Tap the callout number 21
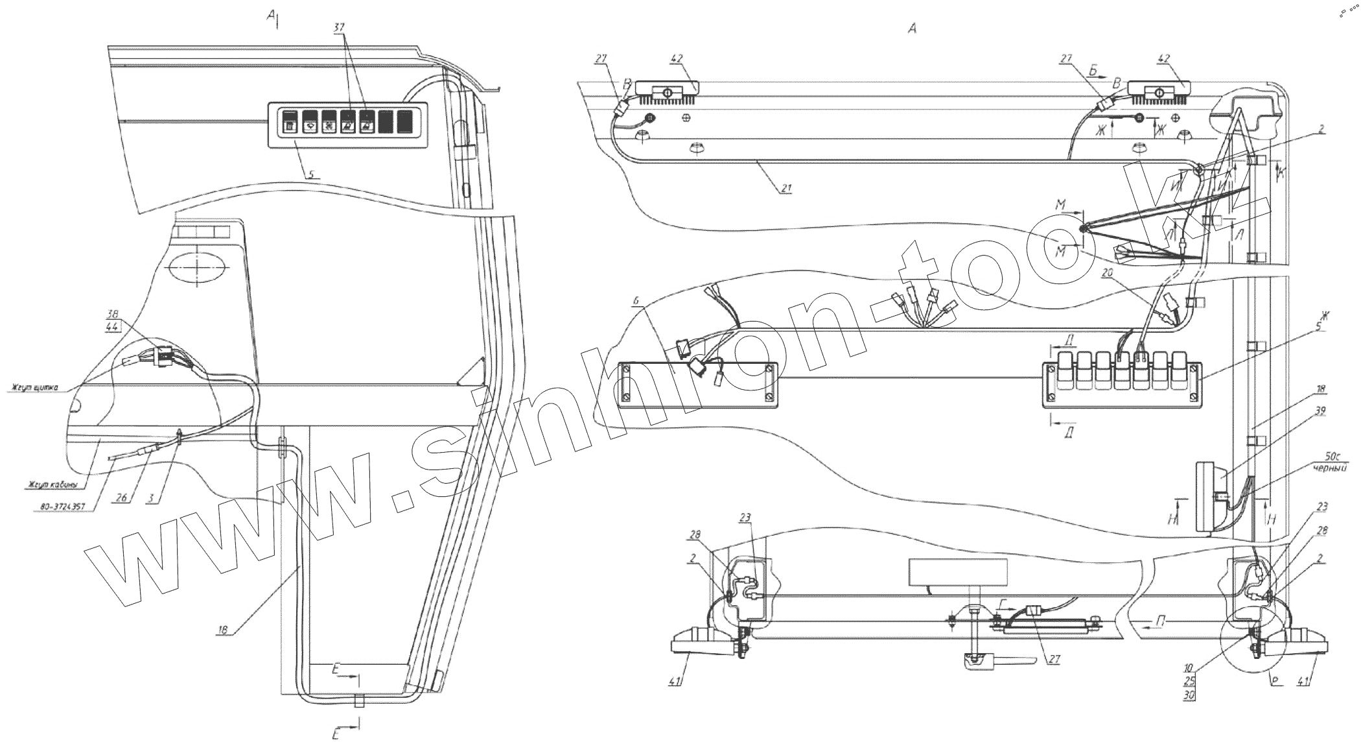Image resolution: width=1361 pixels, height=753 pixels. tap(786, 189)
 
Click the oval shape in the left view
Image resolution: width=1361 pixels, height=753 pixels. tap(196, 267)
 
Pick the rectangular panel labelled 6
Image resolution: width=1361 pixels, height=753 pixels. tap(697, 384)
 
